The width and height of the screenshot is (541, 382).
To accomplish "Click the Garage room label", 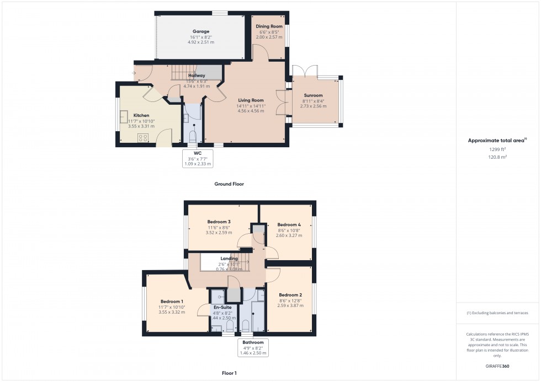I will pos(201,31).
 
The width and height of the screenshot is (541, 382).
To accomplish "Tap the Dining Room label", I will pos(269,26).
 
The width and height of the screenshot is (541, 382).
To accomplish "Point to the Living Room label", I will pos(250,100).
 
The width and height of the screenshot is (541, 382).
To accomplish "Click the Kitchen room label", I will pos(141,116).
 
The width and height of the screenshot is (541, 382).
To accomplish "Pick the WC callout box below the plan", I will pos(197,158).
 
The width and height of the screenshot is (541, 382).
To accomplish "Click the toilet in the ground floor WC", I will pos(193,136).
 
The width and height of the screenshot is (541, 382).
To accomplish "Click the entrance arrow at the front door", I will pos(135,72).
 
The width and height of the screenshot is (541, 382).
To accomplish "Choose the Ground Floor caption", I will pos(229,184).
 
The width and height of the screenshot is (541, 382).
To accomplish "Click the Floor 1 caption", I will pos(229,373).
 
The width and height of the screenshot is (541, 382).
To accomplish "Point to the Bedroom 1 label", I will pos(172,302).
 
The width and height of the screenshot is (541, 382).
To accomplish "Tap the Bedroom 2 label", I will pos(290,295).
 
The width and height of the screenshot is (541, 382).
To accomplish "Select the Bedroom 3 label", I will pos(219,221).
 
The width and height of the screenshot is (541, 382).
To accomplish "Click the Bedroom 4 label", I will pos(289,224).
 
